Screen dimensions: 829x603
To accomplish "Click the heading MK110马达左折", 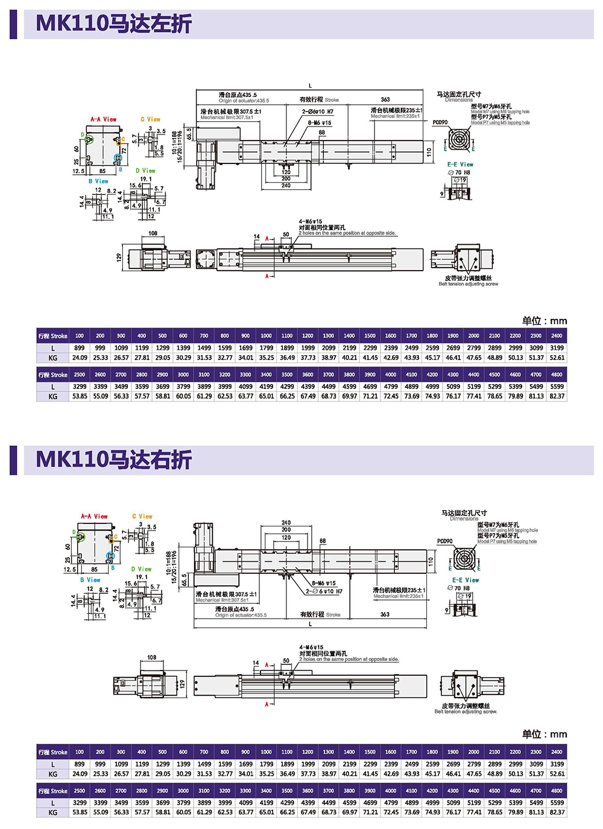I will [x=114, y=24].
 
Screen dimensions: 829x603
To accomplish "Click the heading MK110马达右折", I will [x=114, y=459].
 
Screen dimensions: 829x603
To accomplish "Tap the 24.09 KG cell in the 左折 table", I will [x=80, y=358].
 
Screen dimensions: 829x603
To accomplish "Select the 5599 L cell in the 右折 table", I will [x=557, y=802].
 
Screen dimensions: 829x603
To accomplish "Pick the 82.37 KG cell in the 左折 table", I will [x=557, y=396].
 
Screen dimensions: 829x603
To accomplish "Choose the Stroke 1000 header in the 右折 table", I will [x=266, y=752].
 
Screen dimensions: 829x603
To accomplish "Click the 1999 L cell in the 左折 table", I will [x=308, y=348].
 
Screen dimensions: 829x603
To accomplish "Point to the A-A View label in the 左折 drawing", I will [x=103, y=119].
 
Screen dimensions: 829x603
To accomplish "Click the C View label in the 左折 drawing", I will [x=151, y=119].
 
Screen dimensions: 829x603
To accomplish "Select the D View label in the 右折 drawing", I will [x=142, y=569].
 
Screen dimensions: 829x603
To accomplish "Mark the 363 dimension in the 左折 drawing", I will [x=385, y=99].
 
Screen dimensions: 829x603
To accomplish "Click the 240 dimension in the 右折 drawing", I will [x=286, y=523].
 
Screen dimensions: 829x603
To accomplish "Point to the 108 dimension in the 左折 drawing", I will [x=153, y=233].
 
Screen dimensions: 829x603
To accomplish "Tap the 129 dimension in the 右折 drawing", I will [x=182, y=684].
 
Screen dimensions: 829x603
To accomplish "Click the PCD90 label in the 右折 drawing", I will [x=444, y=541].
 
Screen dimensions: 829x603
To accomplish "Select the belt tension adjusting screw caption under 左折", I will [x=468, y=281].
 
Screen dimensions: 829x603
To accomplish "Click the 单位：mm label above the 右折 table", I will [x=544, y=734].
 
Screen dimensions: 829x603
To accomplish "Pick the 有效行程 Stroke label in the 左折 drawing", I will [x=319, y=99].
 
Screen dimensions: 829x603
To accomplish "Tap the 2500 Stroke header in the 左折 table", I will [x=80, y=374].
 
